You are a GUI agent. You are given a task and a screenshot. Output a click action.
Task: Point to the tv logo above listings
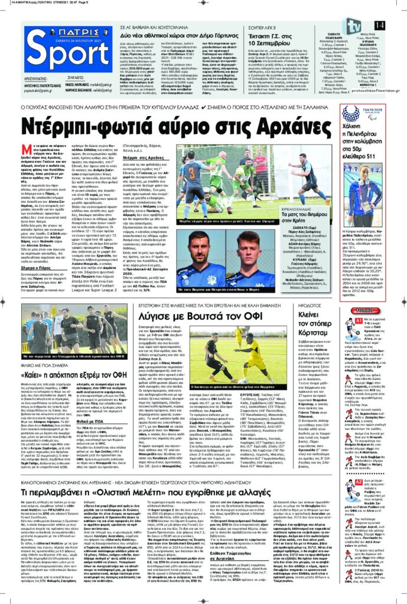[x=353, y=27]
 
